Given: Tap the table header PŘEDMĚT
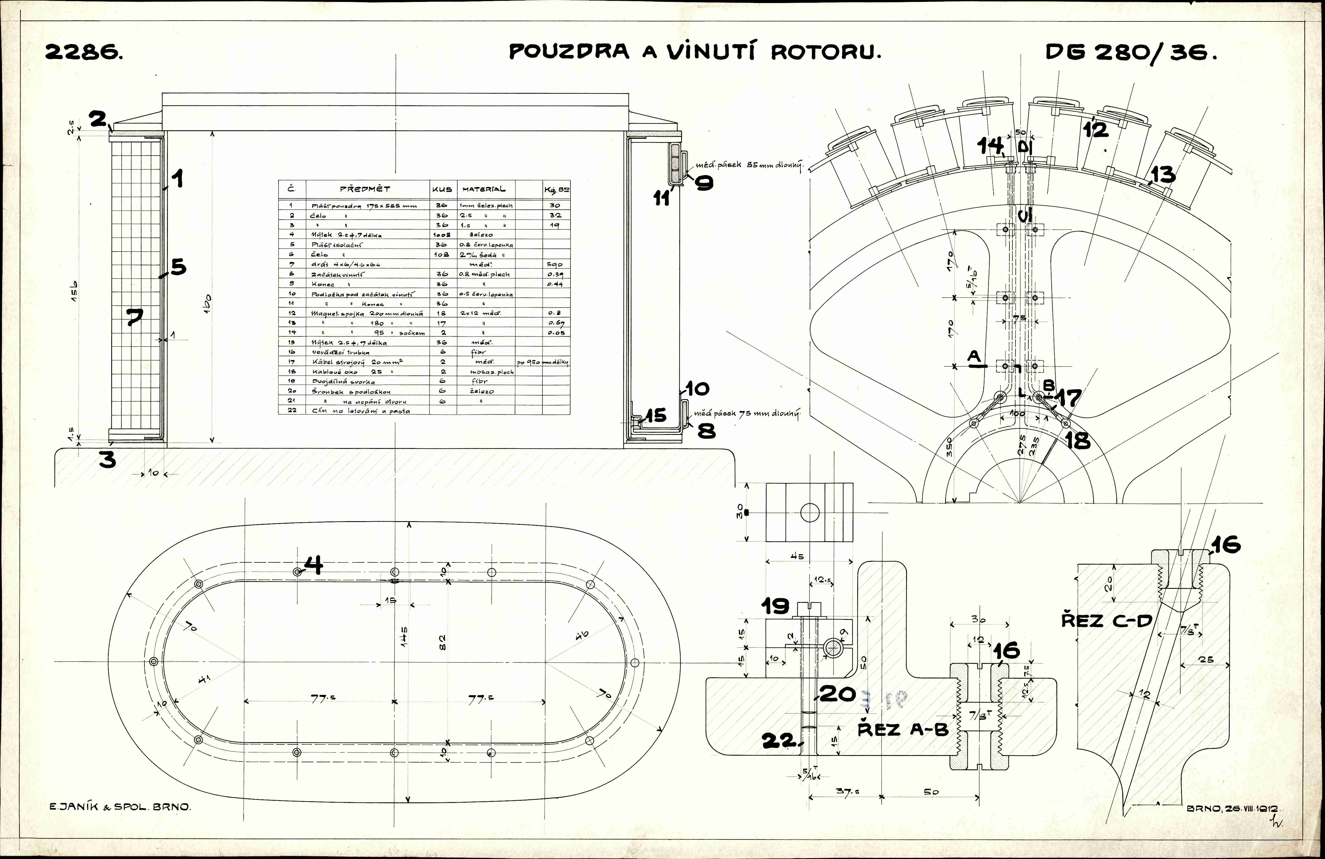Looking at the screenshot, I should (365, 189).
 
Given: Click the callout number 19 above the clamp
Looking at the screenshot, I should (775, 606).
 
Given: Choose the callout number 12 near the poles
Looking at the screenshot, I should (1095, 129).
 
